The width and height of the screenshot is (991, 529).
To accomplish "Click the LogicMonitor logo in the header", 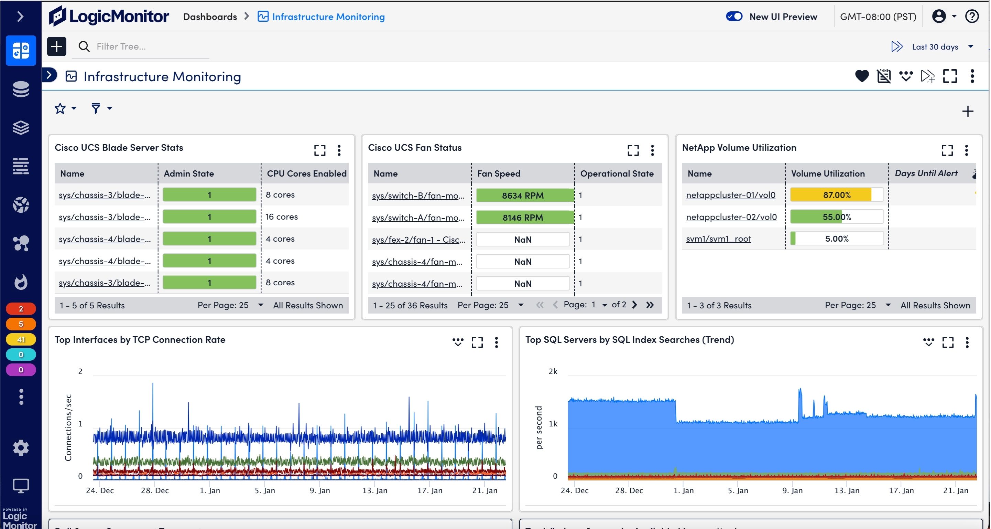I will click(109, 16).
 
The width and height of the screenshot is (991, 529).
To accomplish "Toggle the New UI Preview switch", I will click(734, 16).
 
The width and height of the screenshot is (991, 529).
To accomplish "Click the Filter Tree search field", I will click(150, 46).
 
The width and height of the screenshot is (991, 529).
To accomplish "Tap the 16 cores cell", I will click(281, 217).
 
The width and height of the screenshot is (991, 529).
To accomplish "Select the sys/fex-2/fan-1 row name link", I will click(418, 240).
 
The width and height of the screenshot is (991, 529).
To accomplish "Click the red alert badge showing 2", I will click(21, 309).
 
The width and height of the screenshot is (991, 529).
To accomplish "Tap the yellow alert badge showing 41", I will click(21, 339).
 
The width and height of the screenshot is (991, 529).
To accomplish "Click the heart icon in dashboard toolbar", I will click(861, 76).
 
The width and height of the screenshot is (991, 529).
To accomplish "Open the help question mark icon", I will click(972, 16).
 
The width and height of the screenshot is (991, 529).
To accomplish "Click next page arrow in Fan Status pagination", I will click(634, 305).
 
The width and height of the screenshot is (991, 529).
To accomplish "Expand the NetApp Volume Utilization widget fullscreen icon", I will click(947, 150).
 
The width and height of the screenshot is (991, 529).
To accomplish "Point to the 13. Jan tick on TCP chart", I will click(375, 490).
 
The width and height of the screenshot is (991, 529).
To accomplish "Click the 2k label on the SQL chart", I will click(553, 371).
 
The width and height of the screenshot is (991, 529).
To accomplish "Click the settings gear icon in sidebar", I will click(21, 448).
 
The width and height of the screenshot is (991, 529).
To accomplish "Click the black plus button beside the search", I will click(56, 46).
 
